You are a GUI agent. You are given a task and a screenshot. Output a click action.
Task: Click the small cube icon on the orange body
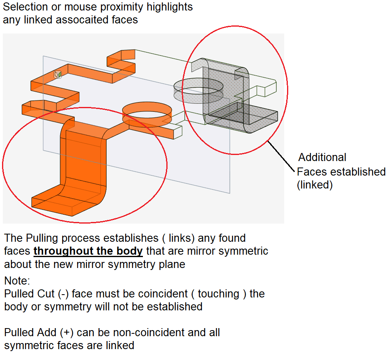point(58,74)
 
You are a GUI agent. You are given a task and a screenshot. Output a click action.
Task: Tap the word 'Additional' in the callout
point(322,157)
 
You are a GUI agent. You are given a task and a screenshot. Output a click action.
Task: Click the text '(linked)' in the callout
point(314,186)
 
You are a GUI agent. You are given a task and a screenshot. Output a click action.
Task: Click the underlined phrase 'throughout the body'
point(88,251)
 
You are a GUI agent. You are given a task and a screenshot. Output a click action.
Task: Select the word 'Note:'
point(17,280)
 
